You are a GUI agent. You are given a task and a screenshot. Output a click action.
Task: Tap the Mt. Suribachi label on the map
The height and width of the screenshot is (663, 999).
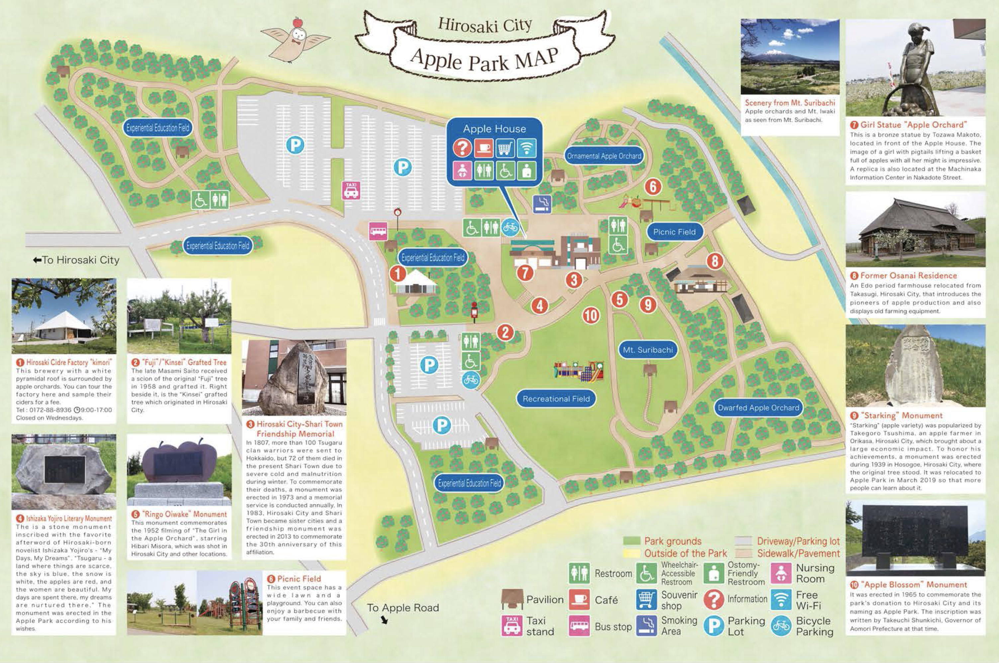pyautogui.click(x=648, y=350)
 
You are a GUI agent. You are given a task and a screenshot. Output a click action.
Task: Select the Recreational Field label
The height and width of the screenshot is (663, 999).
pyautogui.click(x=556, y=399)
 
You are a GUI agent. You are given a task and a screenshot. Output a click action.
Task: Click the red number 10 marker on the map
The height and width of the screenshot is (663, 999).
pyautogui.click(x=590, y=316)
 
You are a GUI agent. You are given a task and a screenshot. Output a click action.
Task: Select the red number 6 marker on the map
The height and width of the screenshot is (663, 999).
pyautogui.click(x=653, y=186)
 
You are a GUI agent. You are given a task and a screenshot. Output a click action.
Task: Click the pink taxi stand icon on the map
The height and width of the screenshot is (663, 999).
pyautogui.click(x=351, y=190)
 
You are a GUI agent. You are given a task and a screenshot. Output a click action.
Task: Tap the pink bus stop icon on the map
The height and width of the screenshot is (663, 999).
pyautogui.click(x=378, y=231)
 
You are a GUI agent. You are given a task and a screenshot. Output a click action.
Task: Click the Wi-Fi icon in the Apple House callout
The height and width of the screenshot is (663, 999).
pyautogui.click(x=526, y=148)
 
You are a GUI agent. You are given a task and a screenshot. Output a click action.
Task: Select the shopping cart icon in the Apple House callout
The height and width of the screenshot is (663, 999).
pyautogui.click(x=505, y=148)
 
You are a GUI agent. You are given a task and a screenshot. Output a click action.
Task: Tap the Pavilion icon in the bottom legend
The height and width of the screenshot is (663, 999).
pyautogui.click(x=512, y=599)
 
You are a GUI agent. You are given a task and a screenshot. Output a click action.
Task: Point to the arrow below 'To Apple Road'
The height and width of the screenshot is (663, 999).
pyautogui.click(x=384, y=620)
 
